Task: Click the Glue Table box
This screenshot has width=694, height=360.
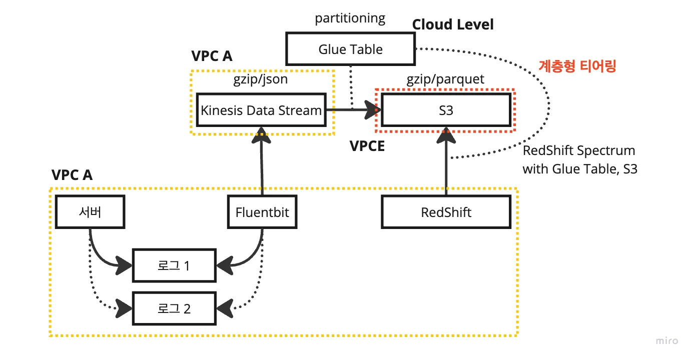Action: tap(350, 49)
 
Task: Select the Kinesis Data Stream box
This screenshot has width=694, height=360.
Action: tap(261, 110)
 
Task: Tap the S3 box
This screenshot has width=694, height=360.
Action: tap(445, 110)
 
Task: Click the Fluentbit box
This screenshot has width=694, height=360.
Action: tap(262, 212)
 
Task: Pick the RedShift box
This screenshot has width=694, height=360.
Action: tap(446, 212)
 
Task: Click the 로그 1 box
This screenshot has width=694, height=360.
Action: tap(174, 265)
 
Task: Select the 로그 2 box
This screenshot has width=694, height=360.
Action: tap(174, 308)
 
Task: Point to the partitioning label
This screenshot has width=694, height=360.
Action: tap(350, 18)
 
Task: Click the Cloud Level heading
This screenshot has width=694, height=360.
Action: tap(452, 24)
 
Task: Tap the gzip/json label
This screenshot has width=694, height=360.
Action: tap(260, 79)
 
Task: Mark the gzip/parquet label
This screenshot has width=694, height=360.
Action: tap(445, 79)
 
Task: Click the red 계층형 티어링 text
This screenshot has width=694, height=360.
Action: tap(577, 66)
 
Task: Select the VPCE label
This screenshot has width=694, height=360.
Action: tap(367, 146)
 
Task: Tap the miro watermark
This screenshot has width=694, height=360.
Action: tap(667, 341)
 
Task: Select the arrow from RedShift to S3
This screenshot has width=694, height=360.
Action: tap(445, 165)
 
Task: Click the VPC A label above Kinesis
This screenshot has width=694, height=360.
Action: tap(212, 56)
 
